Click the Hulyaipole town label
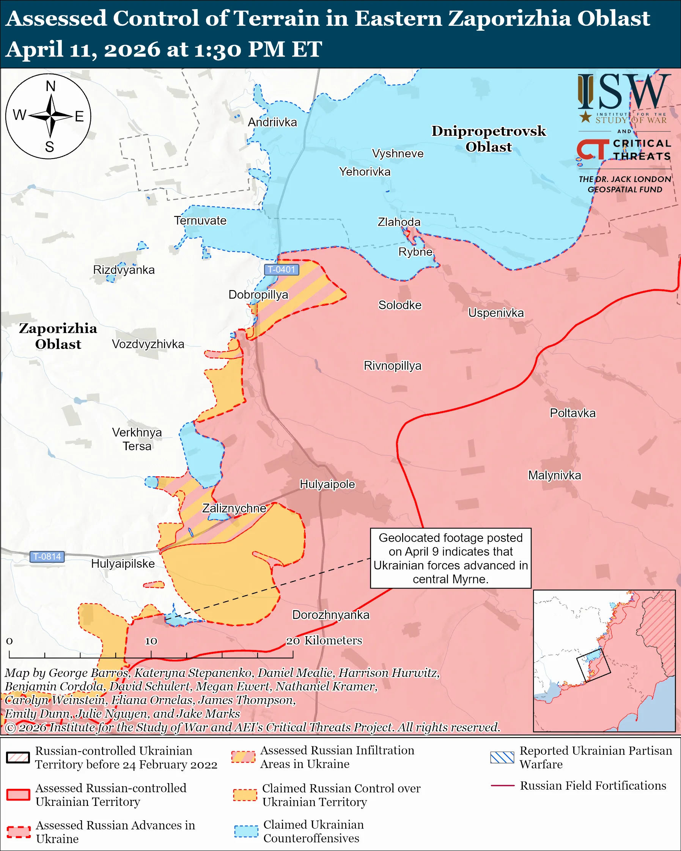coord(327,484)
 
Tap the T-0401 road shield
coord(282,270)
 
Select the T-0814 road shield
coord(47,557)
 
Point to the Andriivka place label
coord(272,122)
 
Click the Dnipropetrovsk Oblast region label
coord(488,139)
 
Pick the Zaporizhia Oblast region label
coord(58,336)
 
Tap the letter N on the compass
coord(50,86)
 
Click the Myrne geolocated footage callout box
coord(450,558)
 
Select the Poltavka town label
coord(572,413)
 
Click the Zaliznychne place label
coord(234,508)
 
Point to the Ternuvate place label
coord(201,221)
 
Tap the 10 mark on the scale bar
coord(151,641)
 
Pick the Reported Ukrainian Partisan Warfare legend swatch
coord(502,757)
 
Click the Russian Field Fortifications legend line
coord(502,786)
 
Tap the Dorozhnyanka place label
coord(331,615)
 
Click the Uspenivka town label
coord(496,313)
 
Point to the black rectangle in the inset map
coord(593,665)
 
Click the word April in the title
coord(35,50)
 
